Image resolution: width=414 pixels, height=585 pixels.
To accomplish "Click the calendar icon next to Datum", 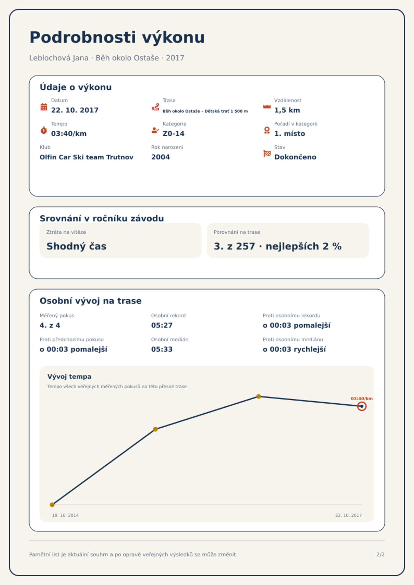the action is pos(44,107).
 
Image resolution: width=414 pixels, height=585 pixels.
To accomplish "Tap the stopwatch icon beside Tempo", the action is pos(44,130).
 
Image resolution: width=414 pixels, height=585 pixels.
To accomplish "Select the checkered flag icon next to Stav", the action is pos(267,154).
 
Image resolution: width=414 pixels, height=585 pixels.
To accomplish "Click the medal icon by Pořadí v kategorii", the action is pos(267,130).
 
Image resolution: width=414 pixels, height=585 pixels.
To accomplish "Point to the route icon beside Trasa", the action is pos(155,107).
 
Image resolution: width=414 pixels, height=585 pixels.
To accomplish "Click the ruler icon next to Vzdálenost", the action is pos(267,107).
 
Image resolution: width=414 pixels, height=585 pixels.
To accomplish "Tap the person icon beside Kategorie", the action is pos(155,130).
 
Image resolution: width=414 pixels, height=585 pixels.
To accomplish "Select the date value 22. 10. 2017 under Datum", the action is pos(75,110).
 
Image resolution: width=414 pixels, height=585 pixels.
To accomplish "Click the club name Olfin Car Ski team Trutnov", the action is pos(87,157).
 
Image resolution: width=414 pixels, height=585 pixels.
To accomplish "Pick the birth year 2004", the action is pos(161,157).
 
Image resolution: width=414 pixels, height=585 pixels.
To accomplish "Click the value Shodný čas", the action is pos(76,246).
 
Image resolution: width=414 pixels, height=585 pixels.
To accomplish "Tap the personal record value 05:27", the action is pos(162,325).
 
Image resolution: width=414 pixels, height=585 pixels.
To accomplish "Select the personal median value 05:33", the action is pos(162,349).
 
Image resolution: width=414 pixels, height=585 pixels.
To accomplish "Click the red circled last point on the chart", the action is pos(362,406).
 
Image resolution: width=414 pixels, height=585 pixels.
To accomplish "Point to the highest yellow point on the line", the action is pos(259,396).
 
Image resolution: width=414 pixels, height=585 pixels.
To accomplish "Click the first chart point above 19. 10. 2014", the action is pos(52,505).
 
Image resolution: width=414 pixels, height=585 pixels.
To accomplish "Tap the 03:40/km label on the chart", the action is pos(362,399).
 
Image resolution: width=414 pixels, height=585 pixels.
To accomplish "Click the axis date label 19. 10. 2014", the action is pos(65,515).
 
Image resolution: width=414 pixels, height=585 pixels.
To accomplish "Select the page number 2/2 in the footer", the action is pos(381,555).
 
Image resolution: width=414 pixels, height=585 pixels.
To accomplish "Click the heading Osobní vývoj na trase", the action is pos(90,301).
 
